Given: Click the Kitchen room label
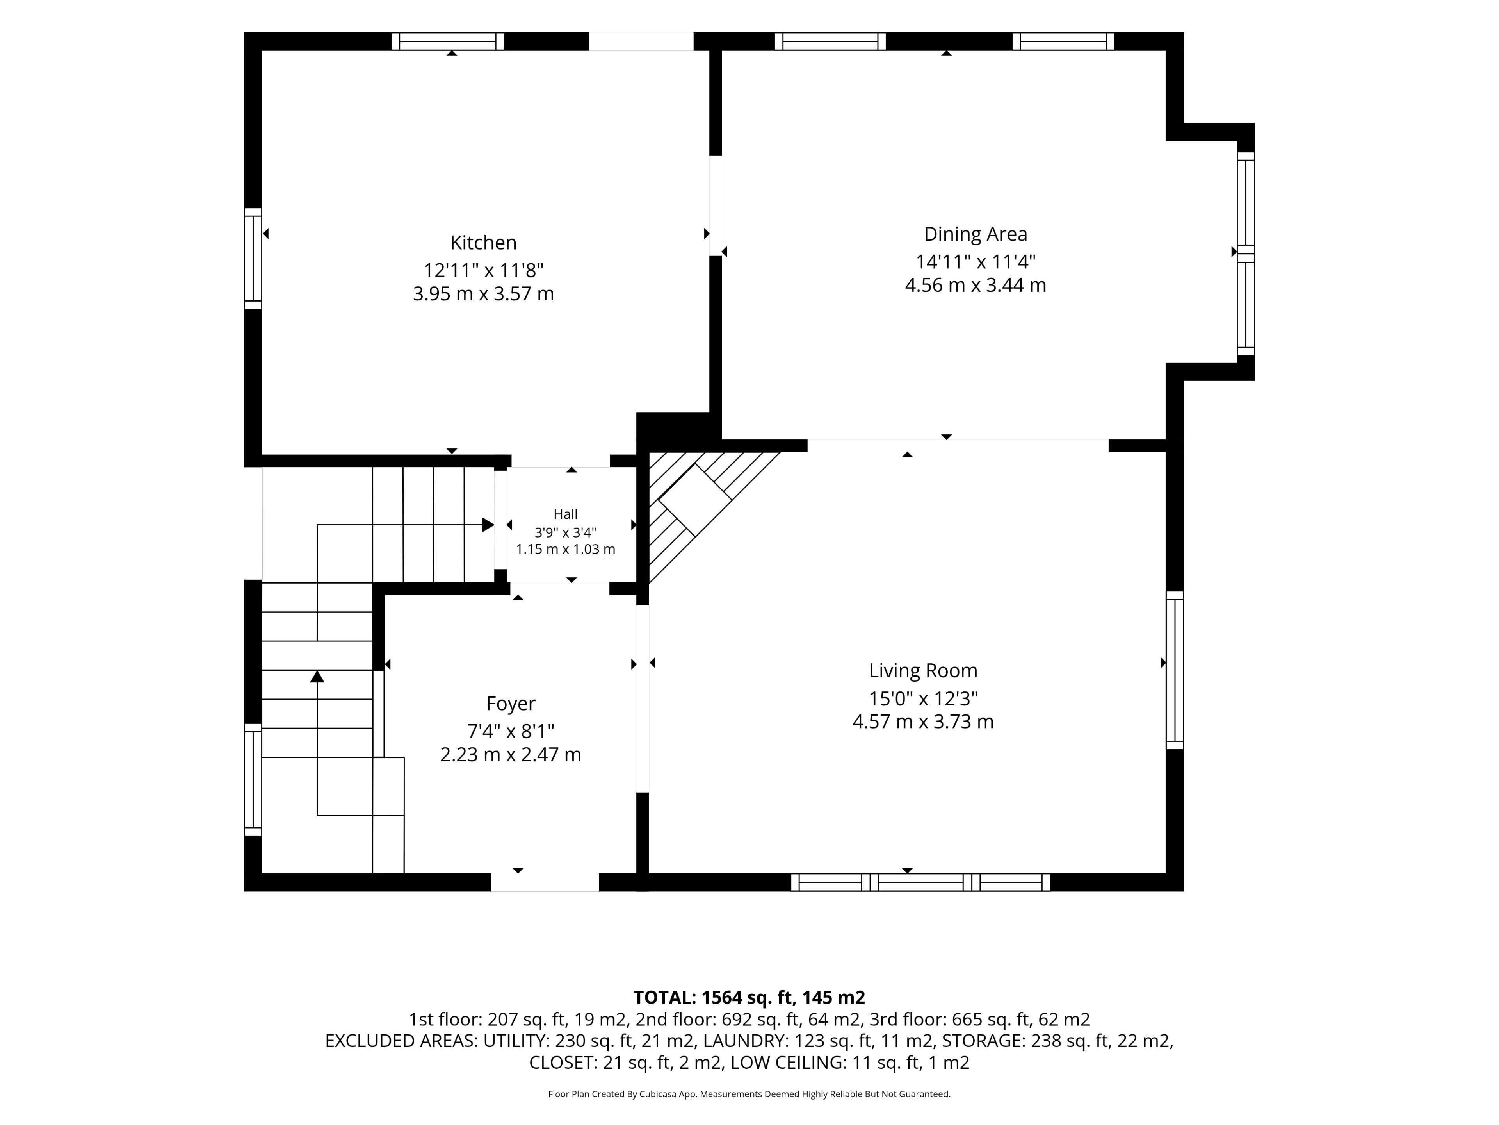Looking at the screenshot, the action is click(x=483, y=243).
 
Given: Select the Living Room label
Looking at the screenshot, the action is click(x=923, y=671).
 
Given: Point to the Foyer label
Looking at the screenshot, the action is click(x=510, y=704).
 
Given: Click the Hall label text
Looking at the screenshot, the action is click(x=565, y=514).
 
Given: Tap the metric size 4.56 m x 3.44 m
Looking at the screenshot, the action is click(x=975, y=285).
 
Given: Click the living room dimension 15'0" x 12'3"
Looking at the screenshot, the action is click(x=923, y=698).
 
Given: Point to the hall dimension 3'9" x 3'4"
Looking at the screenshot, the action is click(x=565, y=532).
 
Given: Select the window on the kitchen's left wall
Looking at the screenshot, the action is click(x=253, y=258).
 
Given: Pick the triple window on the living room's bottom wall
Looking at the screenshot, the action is click(x=920, y=882).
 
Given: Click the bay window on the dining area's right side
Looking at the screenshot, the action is click(x=1246, y=254).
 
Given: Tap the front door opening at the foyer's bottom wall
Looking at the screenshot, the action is click(x=545, y=882).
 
